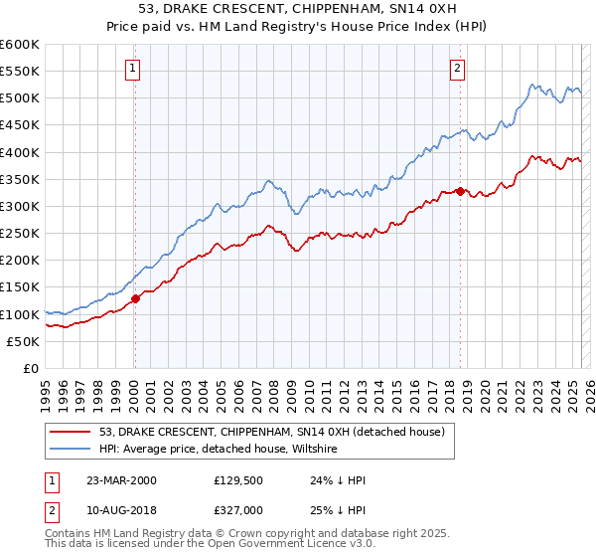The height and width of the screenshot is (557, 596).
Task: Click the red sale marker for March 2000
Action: [135, 298]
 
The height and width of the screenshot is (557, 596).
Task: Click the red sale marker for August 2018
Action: [461, 191]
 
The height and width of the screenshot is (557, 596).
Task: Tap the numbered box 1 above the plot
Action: [132, 69]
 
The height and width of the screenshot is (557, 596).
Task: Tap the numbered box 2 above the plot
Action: [457, 69]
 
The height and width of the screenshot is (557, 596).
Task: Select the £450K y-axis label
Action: [19, 125]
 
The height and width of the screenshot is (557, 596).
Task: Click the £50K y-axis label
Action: [23, 341]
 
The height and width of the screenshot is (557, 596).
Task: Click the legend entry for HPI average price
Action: [219, 450]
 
